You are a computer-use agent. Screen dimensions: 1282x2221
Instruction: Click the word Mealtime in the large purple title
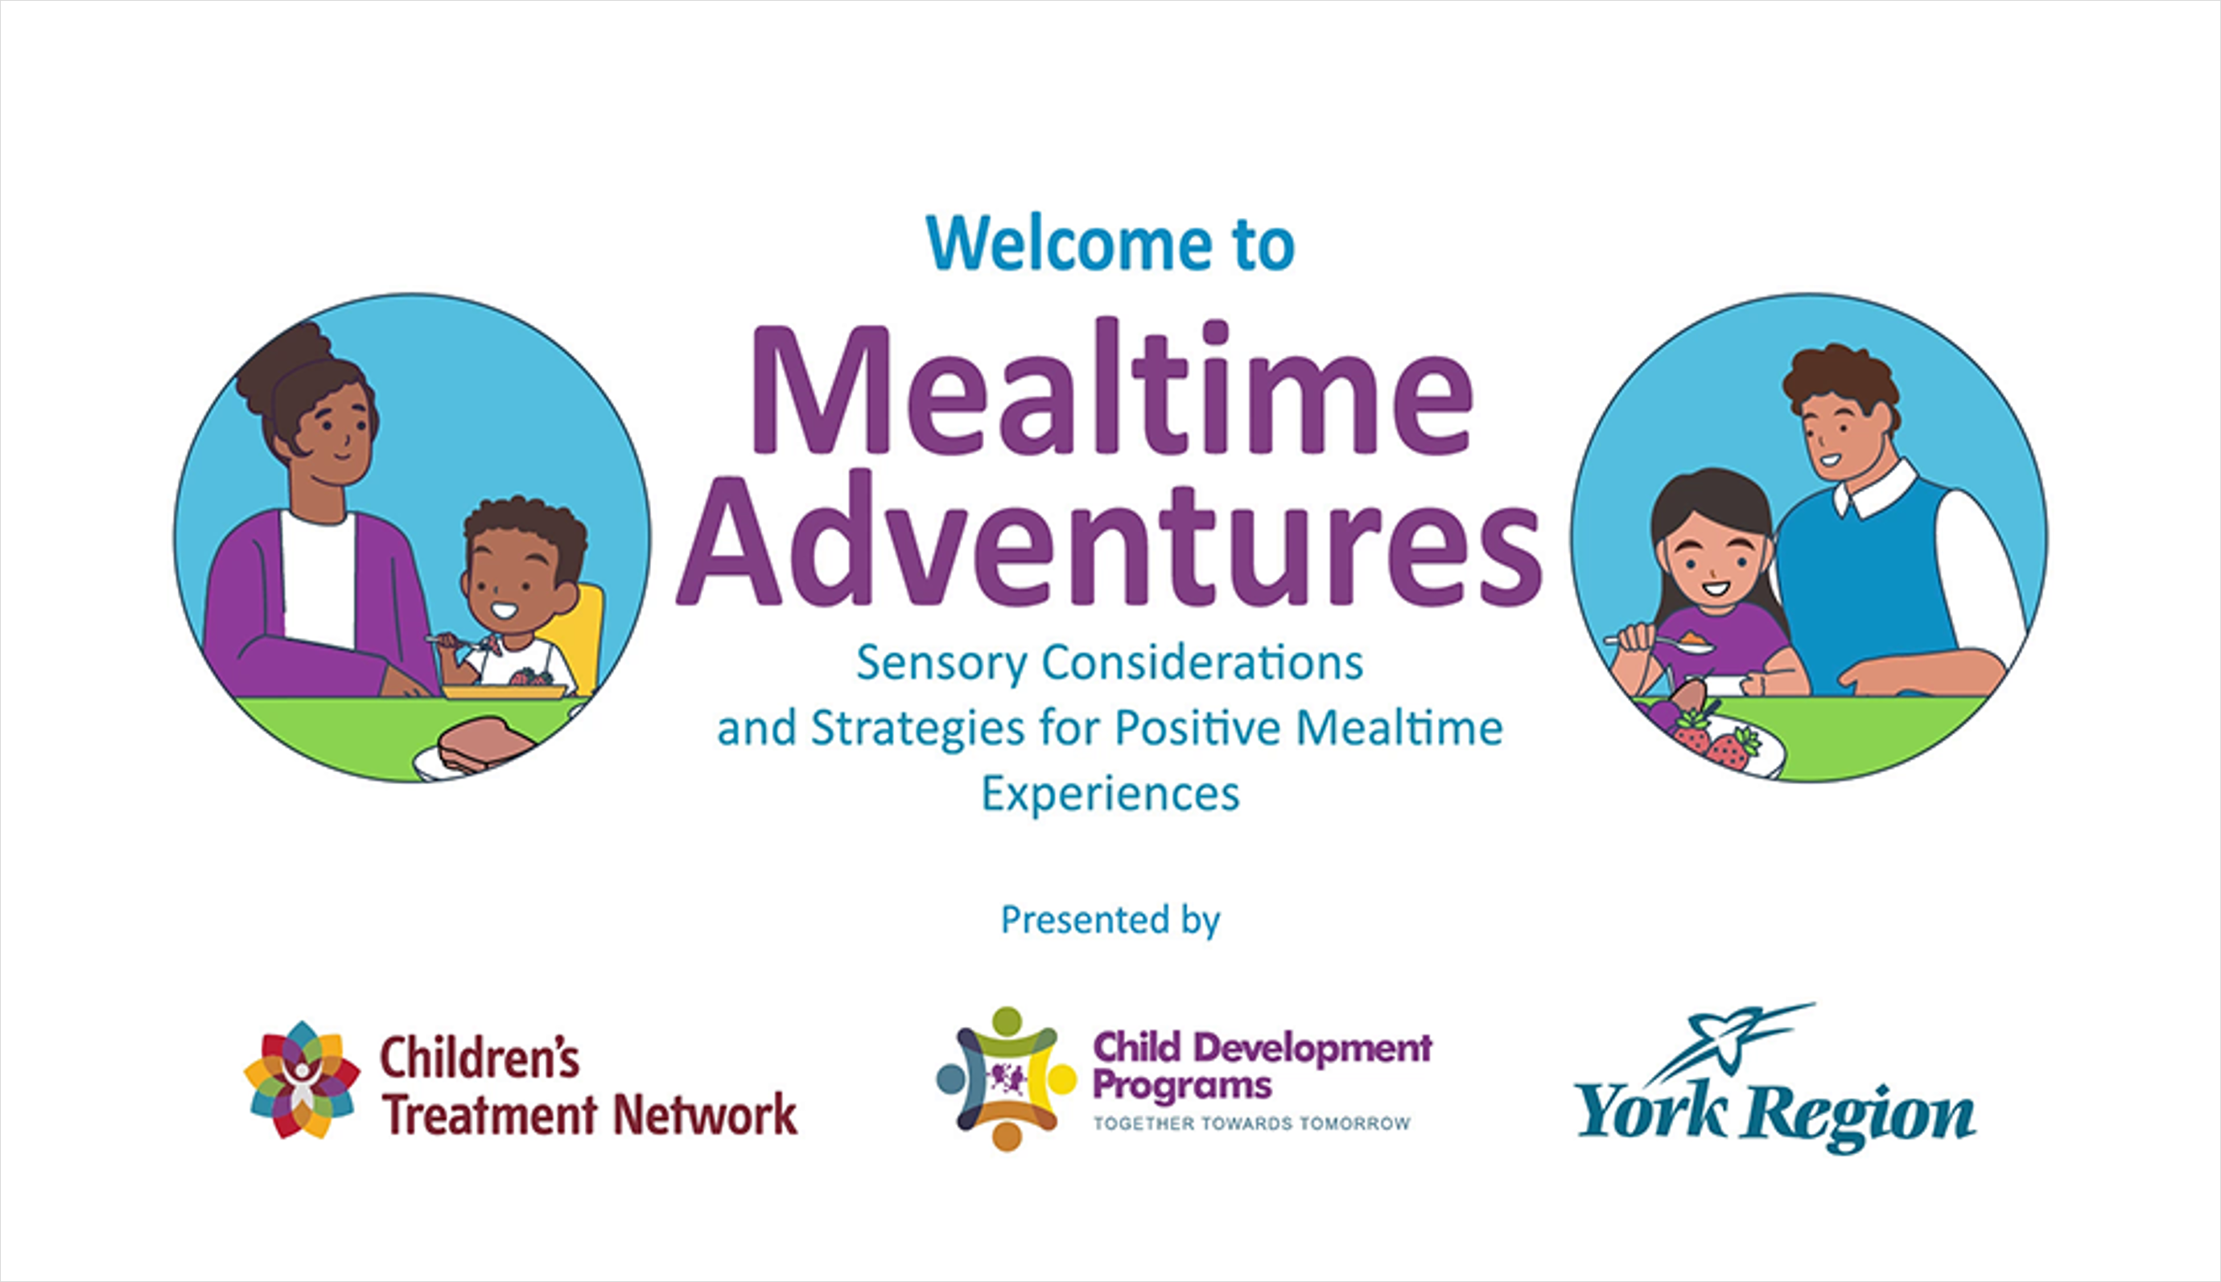tap(1111, 392)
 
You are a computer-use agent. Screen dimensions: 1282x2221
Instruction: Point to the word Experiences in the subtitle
tap(1110, 793)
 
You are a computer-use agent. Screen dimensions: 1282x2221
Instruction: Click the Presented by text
tap(1110, 920)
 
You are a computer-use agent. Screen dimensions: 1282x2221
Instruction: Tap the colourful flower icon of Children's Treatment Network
tap(301, 1080)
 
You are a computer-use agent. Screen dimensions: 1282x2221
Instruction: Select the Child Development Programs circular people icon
tap(1006, 1079)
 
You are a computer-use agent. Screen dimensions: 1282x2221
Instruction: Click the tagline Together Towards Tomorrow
tap(1251, 1124)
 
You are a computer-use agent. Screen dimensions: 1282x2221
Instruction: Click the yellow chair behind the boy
tap(582, 634)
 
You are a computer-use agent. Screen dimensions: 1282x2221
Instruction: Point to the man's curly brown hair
tap(1841, 379)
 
